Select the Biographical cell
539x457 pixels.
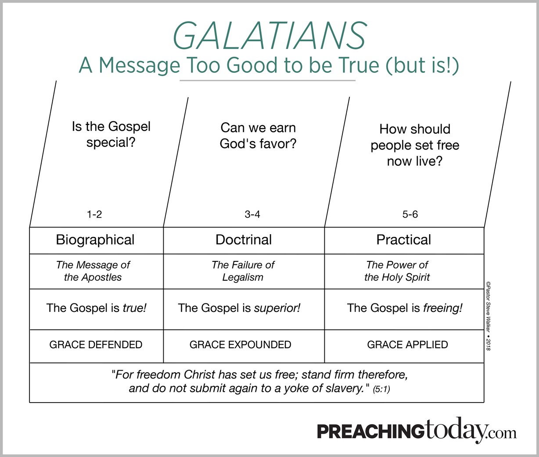[95, 240]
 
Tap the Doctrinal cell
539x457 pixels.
[244, 240]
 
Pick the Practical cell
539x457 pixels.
[404, 240]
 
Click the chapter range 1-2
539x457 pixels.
[94, 214]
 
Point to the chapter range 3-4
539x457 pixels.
[252, 214]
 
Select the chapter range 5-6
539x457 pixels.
[410, 214]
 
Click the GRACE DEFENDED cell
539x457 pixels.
[96, 345]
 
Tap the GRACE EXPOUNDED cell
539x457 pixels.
[240, 345]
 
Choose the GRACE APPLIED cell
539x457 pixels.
[407, 345]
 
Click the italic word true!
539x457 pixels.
[134, 308]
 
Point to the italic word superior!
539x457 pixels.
[277, 308]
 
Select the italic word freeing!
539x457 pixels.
[442, 308]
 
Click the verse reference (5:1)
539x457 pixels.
[381, 389]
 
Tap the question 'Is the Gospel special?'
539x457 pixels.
[111, 135]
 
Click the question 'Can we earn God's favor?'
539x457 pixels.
[258, 136]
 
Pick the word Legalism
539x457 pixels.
[243, 277]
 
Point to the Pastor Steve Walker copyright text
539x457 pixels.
[489, 316]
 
